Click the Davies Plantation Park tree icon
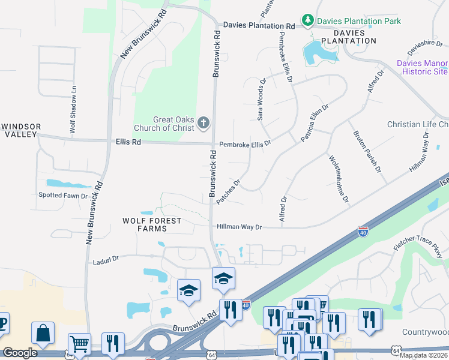point(308,21)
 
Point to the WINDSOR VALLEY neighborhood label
point(22,131)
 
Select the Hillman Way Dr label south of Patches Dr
point(240,227)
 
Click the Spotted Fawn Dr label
point(63,196)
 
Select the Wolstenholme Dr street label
point(338,178)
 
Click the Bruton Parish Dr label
point(367,152)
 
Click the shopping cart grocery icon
point(79,343)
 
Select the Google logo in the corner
point(20,353)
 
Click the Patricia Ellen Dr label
point(315,124)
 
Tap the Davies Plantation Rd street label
point(259,26)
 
